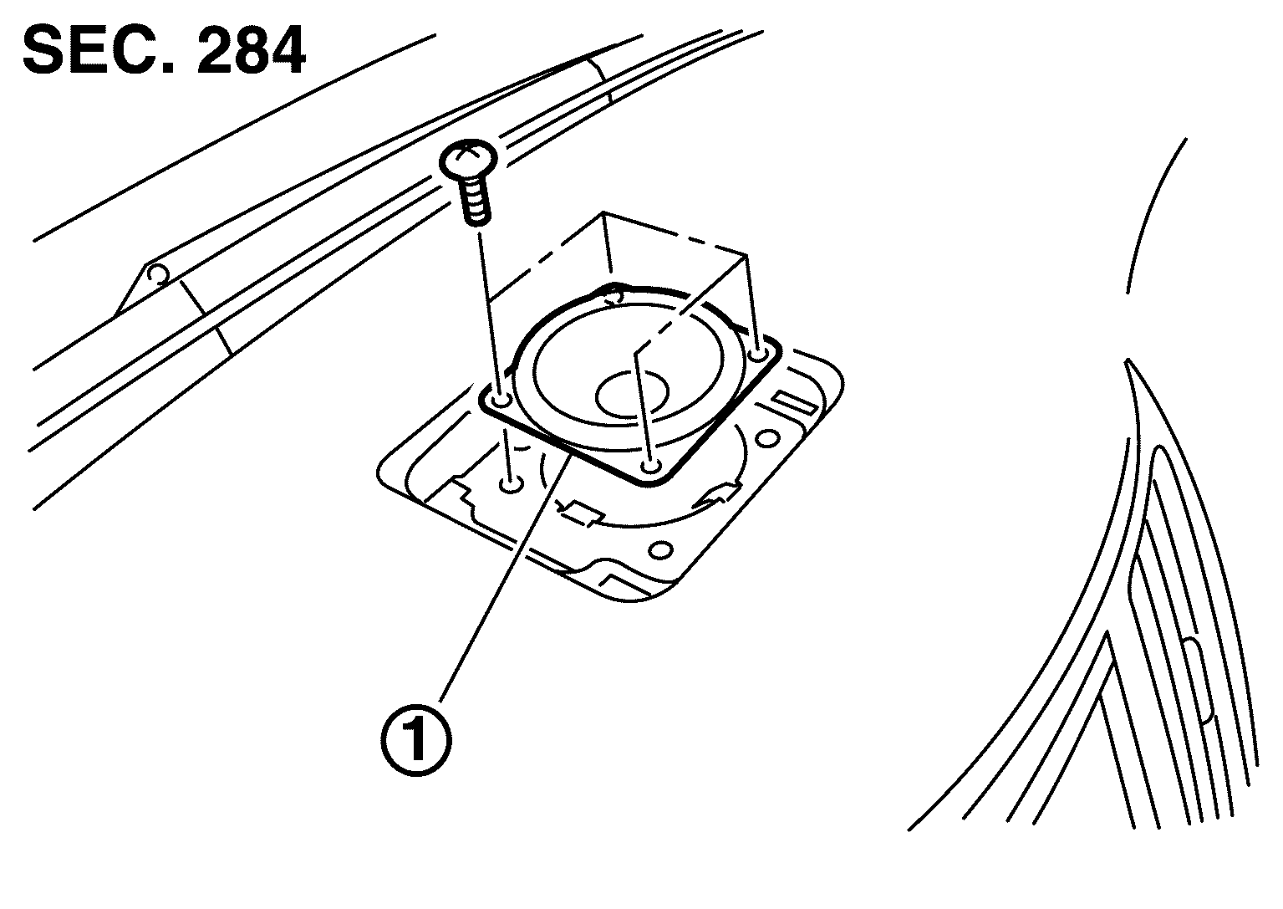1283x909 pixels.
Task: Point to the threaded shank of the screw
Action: point(475,202)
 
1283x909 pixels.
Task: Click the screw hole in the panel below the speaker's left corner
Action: point(510,483)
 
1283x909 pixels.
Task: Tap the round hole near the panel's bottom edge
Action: point(660,550)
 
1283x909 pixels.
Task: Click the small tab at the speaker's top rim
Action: point(614,294)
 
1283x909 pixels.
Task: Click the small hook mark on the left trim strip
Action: point(155,274)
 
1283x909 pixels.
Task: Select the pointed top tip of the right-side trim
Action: point(1128,362)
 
